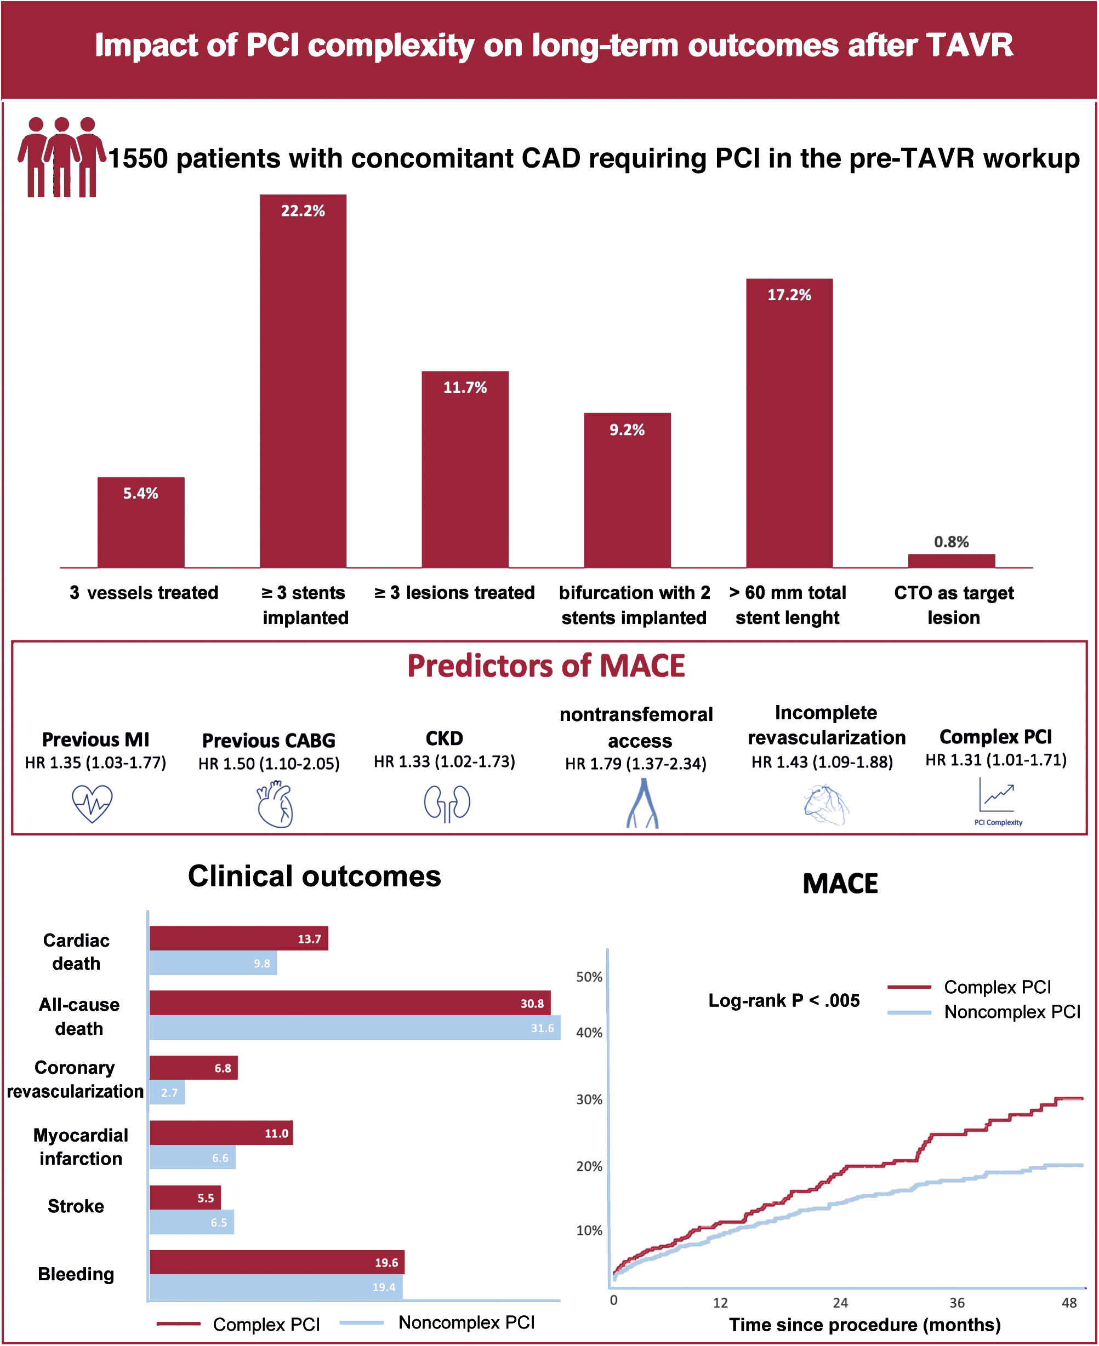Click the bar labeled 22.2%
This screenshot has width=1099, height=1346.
303,380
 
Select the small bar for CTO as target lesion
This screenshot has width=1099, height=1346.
951,560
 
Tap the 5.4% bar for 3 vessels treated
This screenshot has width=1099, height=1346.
140,522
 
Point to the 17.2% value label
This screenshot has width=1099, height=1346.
789,295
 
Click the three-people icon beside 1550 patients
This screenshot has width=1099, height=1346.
61,157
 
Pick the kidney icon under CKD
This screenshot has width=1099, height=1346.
447,804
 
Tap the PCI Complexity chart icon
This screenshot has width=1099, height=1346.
997,800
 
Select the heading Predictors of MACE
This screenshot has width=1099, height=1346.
546,666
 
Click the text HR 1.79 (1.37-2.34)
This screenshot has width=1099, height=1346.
636,764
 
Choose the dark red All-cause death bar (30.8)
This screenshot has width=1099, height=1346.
350,1003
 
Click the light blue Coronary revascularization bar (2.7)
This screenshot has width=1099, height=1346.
167,1092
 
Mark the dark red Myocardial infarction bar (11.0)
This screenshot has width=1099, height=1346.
221,1133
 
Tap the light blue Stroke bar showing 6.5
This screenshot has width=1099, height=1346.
192,1222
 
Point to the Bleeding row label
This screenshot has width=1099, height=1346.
76,1274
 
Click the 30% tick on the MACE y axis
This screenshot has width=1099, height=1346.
589,1099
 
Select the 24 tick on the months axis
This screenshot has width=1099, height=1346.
840,1302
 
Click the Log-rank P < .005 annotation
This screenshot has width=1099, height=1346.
784,1000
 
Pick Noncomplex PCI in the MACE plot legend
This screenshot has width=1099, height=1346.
1012,1012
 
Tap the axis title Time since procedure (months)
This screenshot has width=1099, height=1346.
865,1325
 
